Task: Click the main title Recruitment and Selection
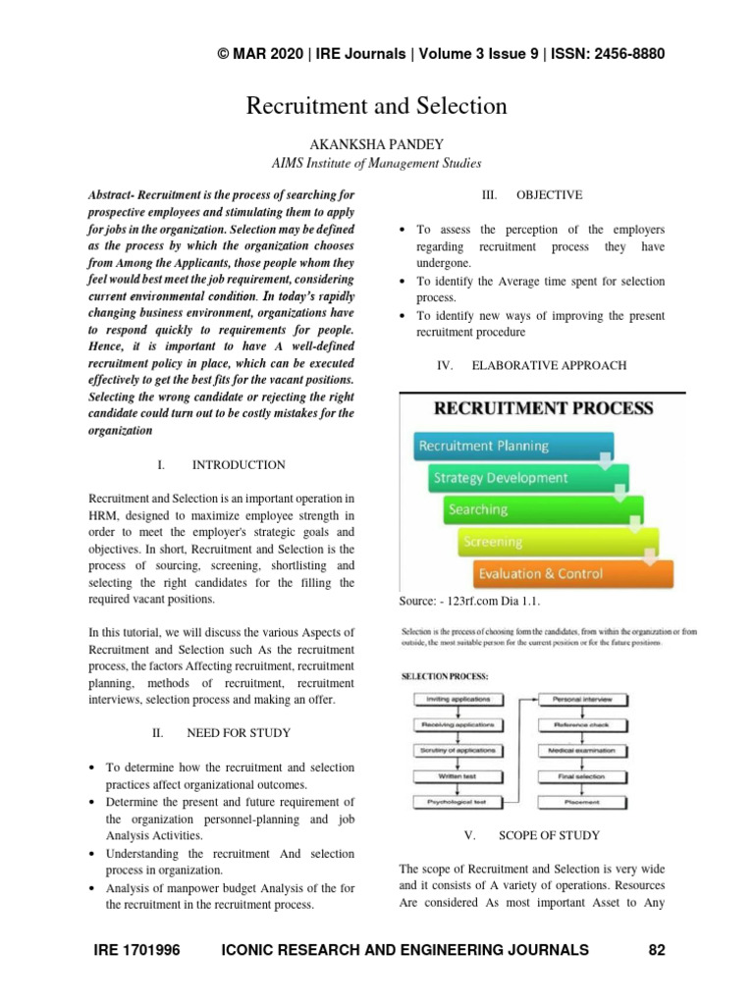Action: tap(376, 105)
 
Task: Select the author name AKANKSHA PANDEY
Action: tap(376, 144)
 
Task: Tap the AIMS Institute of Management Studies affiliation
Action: tap(376, 163)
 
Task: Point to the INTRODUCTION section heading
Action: tap(239, 464)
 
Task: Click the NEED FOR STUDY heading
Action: tap(238, 732)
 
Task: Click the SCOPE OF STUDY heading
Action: tap(549, 835)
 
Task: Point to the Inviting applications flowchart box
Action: tap(458, 699)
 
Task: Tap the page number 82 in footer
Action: tap(657, 949)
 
